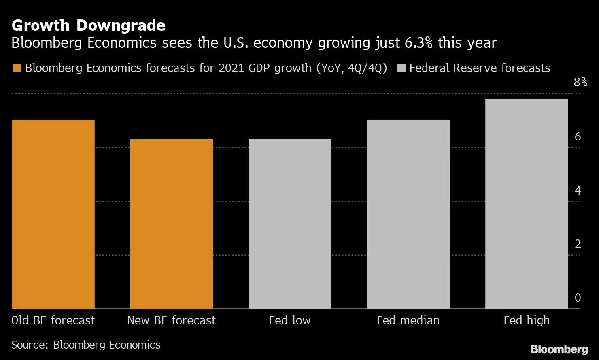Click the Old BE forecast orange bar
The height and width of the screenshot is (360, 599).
[x=53, y=214]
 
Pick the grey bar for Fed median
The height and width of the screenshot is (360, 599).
[x=408, y=214]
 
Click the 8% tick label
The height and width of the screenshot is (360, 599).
[x=580, y=82]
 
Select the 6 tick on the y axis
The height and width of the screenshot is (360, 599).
[x=578, y=136]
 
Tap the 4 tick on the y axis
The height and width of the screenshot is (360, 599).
[x=578, y=190]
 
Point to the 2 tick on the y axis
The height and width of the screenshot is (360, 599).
[x=578, y=244]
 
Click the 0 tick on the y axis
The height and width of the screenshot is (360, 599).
[x=578, y=298]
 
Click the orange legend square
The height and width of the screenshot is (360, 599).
[x=17, y=68]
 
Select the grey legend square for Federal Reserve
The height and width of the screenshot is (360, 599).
[x=401, y=68]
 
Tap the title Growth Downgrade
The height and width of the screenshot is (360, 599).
[x=88, y=25]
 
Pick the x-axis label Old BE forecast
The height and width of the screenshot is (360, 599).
[x=53, y=320]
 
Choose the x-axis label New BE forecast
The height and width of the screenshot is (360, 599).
[x=171, y=320]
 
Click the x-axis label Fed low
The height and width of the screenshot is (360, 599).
[x=290, y=320]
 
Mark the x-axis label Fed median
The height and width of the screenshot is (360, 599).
[x=408, y=320]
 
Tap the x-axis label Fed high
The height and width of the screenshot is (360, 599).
[x=527, y=320]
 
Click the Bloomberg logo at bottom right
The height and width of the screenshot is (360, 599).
[x=559, y=349]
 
